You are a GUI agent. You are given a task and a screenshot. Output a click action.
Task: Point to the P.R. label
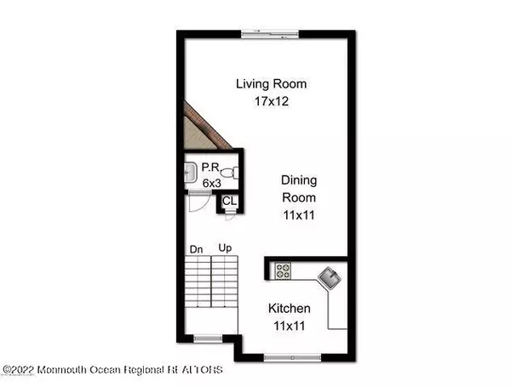(x=210, y=168)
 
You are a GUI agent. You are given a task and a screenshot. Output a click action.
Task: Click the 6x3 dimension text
(x=210, y=182)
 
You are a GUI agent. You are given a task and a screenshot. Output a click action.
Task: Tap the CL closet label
(x=228, y=202)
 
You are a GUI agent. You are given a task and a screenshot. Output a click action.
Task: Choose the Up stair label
(x=226, y=248)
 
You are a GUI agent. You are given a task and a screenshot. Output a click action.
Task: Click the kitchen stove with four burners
(x=282, y=272)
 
